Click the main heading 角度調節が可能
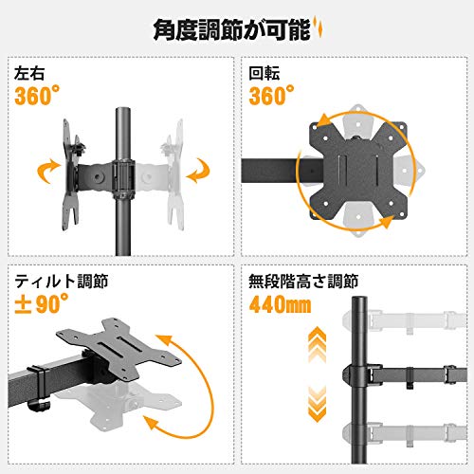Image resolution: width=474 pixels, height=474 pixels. [232, 30]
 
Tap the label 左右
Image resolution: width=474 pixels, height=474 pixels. [29, 73]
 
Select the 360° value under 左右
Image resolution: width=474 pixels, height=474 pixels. [37, 96]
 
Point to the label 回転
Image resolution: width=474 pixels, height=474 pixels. [264, 73]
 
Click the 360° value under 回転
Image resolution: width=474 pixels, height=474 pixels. [271, 96]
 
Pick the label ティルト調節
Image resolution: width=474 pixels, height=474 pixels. [62, 281]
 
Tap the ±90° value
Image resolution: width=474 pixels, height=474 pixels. [42, 303]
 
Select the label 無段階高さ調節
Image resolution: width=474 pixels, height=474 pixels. [303, 281]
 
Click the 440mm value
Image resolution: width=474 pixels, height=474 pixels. [280, 304]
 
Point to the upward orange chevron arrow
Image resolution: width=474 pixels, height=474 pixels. [317, 344]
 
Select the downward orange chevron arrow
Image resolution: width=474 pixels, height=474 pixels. [317, 404]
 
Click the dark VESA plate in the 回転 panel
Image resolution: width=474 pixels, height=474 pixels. [358, 170]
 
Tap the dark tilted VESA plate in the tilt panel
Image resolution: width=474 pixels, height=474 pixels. [118, 348]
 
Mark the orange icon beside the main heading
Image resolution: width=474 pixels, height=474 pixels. [319, 28]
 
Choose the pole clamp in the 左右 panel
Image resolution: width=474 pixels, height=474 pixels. [123, 179]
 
